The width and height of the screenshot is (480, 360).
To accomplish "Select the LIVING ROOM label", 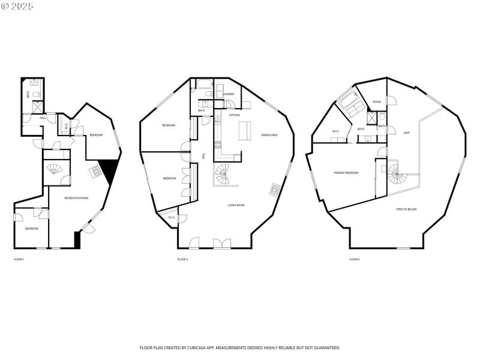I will (236, 205).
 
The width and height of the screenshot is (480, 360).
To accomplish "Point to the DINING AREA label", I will (269, 135).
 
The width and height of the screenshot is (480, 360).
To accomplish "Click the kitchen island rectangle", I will (245, 131).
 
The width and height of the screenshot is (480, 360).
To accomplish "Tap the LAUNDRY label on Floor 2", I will (228, 94).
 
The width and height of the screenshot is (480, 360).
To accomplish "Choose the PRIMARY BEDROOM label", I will (346, 173).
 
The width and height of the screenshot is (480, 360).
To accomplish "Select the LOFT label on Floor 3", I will (406, 133).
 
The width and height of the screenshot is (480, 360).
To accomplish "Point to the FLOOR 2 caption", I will (182, 259).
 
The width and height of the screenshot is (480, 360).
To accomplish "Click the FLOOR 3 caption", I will (355, 259).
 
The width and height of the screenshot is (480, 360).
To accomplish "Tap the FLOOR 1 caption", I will (19, 259).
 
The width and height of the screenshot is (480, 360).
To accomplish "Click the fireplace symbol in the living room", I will (274, 190).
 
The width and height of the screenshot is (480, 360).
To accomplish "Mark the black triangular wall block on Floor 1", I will (110, 171).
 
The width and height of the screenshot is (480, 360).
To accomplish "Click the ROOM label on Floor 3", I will (377, 102).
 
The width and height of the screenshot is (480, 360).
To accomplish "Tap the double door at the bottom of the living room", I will (222, 243).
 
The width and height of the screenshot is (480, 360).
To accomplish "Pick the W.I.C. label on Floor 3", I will (335, 131).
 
